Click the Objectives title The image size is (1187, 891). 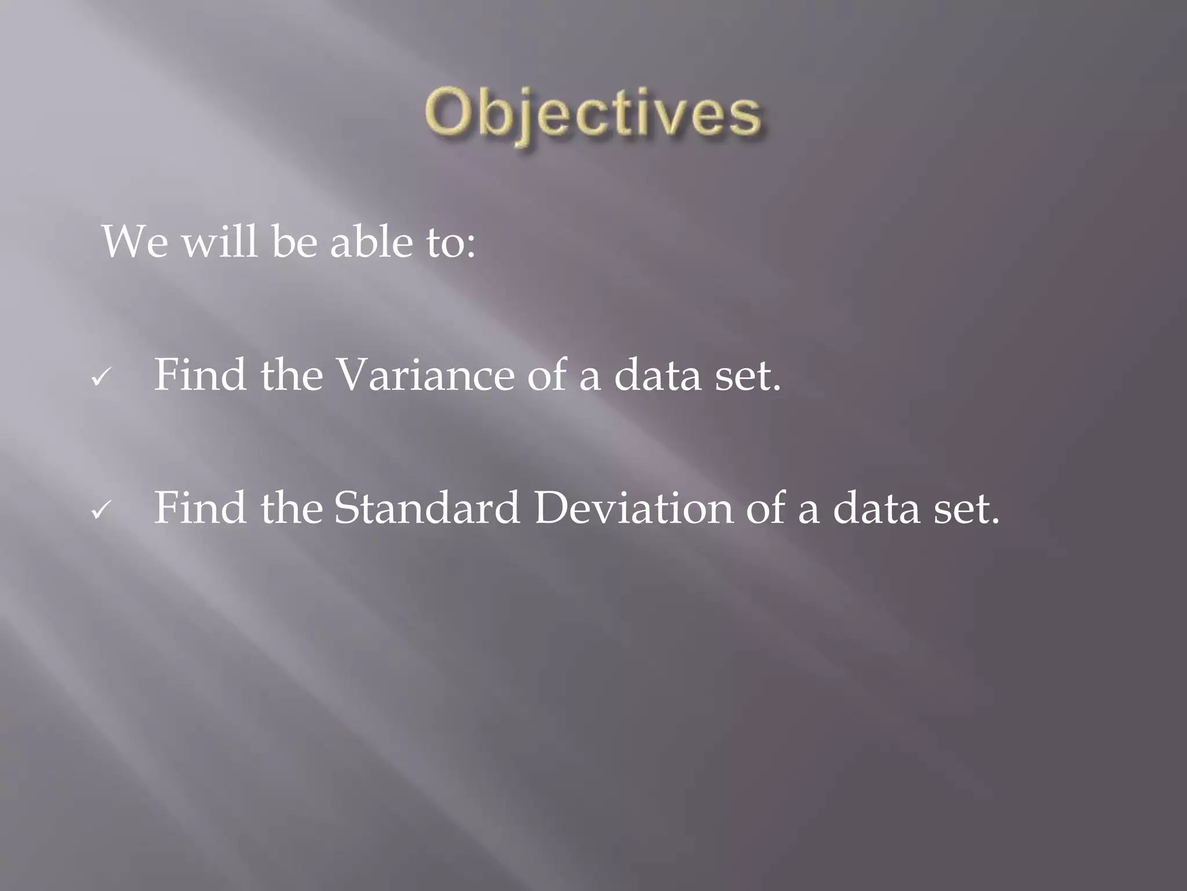[592, 114]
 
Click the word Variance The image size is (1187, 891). [426, 375]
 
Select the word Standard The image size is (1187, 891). [427, 508]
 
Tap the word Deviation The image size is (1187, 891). [633, 508]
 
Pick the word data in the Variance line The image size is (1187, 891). [657, 375]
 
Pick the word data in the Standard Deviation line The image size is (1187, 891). [876, 508]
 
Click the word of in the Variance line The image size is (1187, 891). [547, 375]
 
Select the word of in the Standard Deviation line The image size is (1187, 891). [766, 508]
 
